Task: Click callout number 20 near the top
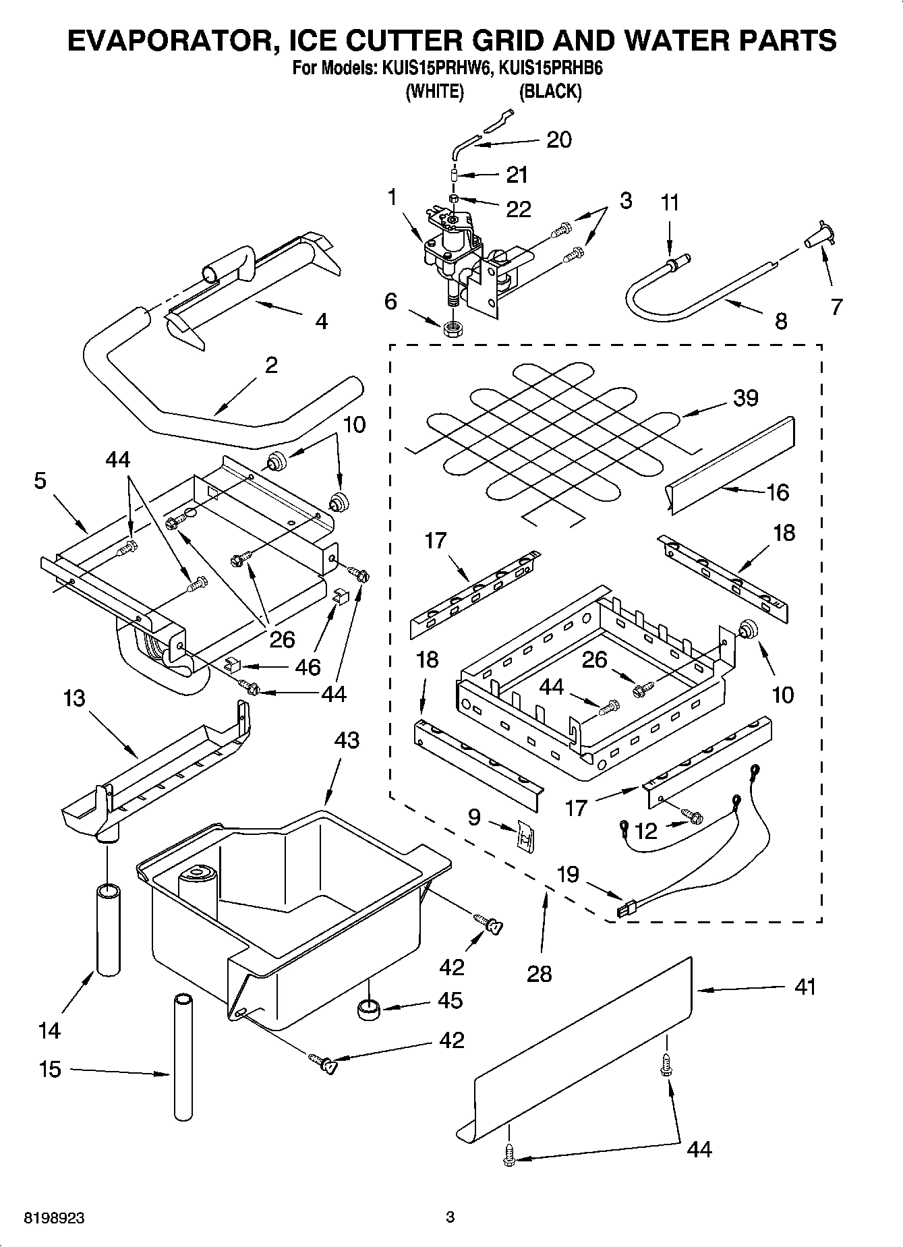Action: tap(559, 140)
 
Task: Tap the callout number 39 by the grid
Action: tap(745, 398)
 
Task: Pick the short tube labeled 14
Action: tap(109, 937)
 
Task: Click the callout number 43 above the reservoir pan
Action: tap(347, 741)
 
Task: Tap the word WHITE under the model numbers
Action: tap(434, 92)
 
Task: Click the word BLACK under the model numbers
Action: tap(550, 92)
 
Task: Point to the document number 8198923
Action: tap(54, 1218)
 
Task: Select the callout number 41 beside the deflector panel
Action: tap(805, 987)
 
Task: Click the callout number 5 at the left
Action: tap(40, 482)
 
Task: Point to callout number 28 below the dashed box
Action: tap(540, 973)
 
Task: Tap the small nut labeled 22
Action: tap(455, 200)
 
